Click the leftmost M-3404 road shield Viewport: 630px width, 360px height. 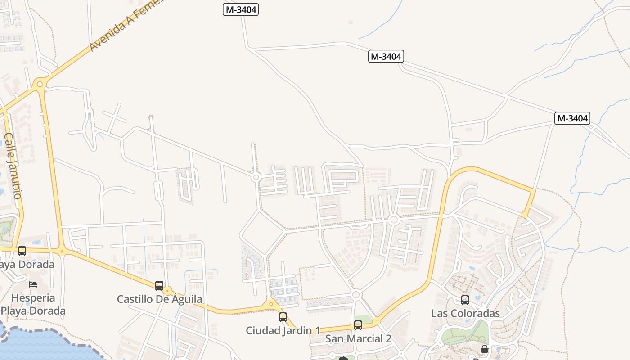point(241,9)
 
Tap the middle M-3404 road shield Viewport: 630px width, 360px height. point(386,56)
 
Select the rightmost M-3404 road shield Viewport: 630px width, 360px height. point(572,118)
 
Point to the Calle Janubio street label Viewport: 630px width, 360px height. point(13,165)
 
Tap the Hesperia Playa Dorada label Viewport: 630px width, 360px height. point(33,304)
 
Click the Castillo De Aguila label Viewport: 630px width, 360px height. point(159,299)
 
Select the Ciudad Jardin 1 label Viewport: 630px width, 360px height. point(283,331)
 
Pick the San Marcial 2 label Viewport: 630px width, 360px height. point(358,339)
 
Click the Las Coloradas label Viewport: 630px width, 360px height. point(465,313)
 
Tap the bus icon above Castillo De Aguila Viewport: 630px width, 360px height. point(159,286)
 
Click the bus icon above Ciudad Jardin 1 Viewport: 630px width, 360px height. point(283,317)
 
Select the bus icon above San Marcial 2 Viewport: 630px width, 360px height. point(358,325)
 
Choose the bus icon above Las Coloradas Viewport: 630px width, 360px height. point(465,300)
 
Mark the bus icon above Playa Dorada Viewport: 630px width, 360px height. point(22,251)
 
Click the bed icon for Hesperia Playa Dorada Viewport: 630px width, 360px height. point(33,284)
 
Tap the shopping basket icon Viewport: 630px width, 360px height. point(485,349)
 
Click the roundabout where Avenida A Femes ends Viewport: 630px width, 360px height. point(40,84)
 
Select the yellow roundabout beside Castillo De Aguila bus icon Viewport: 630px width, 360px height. point(168,291)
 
